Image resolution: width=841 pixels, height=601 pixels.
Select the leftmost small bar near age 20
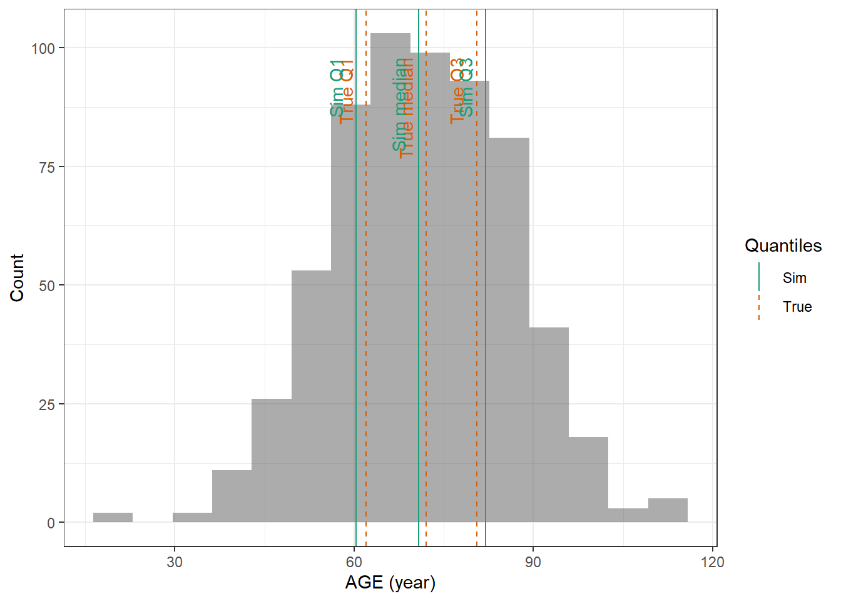[x=113, y=518]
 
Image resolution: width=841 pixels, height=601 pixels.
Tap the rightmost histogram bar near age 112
[x=668, y=511]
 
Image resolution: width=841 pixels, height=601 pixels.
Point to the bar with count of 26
[x=272, y=460]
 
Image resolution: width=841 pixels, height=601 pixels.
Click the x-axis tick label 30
[x=175, y=562]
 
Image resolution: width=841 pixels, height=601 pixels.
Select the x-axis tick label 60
[x=354, y=562]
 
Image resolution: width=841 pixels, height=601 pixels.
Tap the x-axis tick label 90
[x=533, y=562]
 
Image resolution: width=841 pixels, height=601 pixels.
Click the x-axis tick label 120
[x=713, y=562]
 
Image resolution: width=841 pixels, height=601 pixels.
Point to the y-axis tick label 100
[x=43, y=48]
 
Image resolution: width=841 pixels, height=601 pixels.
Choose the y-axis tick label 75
[x=47, y=167]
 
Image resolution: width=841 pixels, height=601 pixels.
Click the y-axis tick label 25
[x=47, y=404]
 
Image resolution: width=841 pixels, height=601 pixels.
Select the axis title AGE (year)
[x=390, y=583]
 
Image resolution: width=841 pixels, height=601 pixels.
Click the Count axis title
[x=17, y=277]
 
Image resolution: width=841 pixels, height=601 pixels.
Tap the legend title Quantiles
[x=783, y=245]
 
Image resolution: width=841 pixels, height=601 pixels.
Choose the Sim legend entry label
[x=794, y=278]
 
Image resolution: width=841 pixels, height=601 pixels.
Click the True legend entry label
[x=797, y=307]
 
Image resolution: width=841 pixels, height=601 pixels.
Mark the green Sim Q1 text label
[x=337, y=88]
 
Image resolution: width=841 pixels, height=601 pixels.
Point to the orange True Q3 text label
[x=457, y=91]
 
